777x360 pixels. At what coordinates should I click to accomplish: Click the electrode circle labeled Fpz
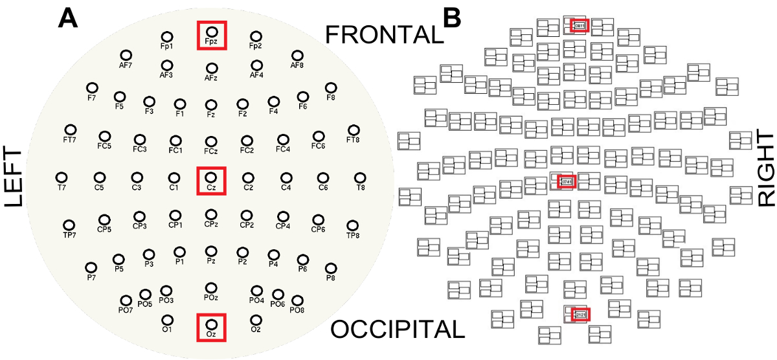[211, 30]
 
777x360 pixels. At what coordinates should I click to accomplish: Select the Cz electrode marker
[211, 177]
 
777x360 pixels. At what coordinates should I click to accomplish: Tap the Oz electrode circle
[211, 323]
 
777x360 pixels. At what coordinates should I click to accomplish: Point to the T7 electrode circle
[62, 177]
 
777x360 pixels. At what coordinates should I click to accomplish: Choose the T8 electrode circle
[360, 177]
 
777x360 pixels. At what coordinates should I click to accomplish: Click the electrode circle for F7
[91, 87]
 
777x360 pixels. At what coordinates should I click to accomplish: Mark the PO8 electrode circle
[297, 300]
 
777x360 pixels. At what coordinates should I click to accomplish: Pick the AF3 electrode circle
[167, 65]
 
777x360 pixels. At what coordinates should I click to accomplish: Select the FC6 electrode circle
[317, 136]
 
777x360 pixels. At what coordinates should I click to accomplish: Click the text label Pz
[211, 261]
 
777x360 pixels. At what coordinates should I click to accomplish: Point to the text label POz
[210, 297]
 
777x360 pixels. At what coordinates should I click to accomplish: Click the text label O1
[167, 330]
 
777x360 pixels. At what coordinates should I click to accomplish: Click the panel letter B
[451, 17]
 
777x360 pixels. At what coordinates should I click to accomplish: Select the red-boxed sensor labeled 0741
[567, 181]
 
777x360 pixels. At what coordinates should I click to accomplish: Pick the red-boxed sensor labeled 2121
[580, 314]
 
